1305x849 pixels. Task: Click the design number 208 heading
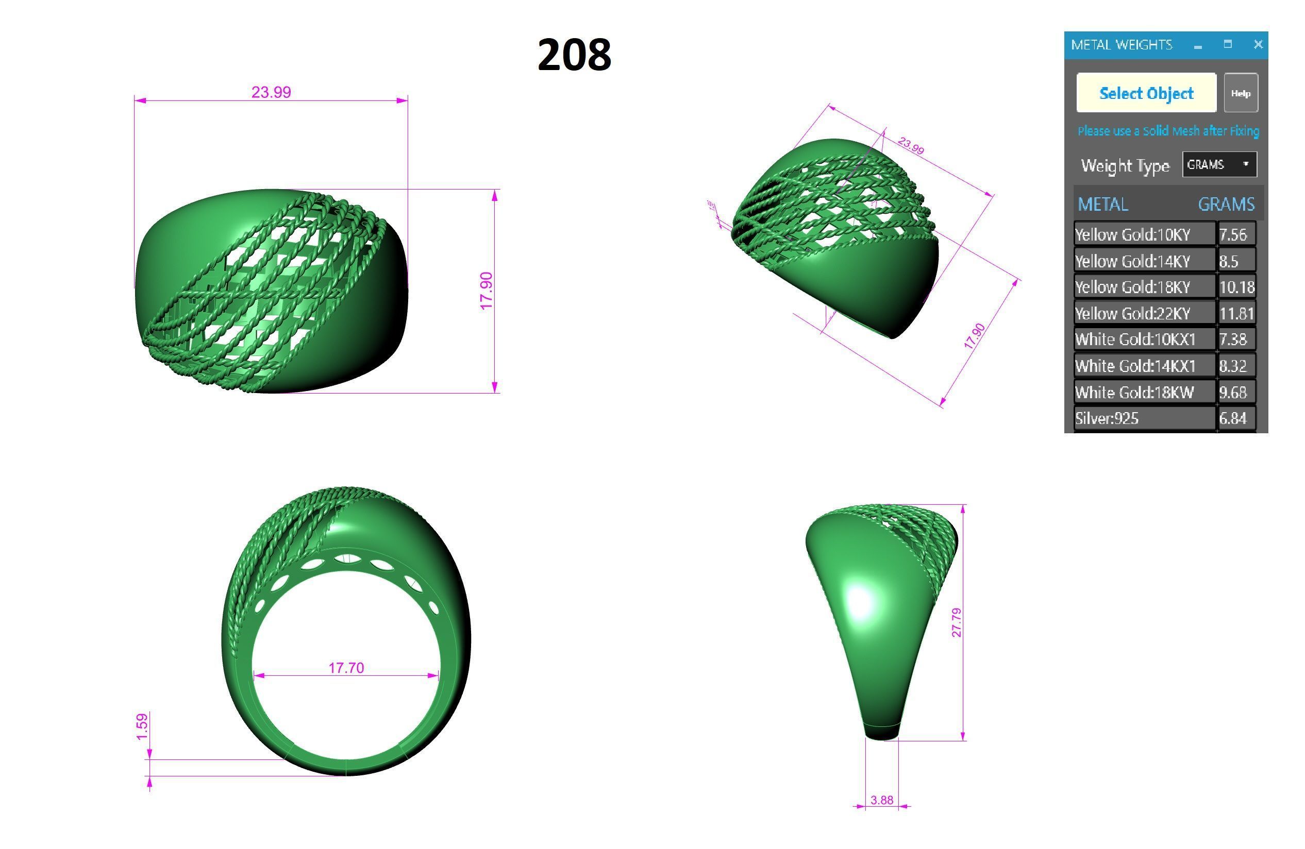coord(574,55)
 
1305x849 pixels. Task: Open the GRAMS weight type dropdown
coord(1219,164)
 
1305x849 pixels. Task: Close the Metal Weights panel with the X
coord(1258,44)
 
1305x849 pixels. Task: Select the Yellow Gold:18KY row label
coord(1133,286)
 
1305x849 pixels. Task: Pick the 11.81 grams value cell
coord(1236,314)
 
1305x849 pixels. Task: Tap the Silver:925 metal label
coord(1107,418)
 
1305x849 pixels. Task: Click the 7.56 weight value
coord(1233,234)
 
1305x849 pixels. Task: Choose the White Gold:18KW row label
coord(1134,392)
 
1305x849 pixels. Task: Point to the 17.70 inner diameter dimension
coord(346,668)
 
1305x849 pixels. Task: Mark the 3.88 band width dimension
coord(882,800)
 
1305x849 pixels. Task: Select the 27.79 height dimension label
coord(956,623)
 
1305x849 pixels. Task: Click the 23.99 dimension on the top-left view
coord(271,92)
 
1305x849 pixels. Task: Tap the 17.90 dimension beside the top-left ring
coord(487,291)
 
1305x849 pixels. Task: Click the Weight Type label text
coord(1125,165)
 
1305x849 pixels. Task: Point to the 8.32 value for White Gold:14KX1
coord(1233,366)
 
